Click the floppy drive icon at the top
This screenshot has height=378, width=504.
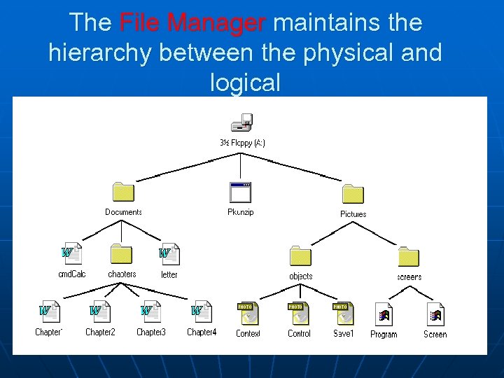[x=241, y=123]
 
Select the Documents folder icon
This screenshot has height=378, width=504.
[x=123, y=192]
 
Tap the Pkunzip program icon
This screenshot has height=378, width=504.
[x=240, y=192]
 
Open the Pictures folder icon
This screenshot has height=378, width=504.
[x=353, y=194]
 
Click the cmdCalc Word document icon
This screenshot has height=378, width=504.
[x=71, y=254]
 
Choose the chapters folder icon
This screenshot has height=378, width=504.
[x=121, y=254]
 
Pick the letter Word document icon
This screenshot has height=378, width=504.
[x=169, y=254]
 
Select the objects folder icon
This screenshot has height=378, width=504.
[x=300, y=256]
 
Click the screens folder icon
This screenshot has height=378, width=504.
[x=408, y=257]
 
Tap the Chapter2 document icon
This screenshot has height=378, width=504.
[x=99, y=312]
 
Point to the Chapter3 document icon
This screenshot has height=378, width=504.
[x=150, y=312]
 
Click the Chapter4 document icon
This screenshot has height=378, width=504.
[x=201, y=312]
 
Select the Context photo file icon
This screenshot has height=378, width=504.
[x=248, y=313]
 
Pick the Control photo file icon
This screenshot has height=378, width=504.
[x=299, y=313]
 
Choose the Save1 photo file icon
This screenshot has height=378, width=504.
[x=342, y=313]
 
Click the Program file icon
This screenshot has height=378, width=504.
[x=383, y=314]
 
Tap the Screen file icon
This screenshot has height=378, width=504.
[x=435, y=314]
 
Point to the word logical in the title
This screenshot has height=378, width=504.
[x=245, y=83]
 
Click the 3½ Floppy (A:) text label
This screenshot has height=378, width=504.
[x=242, y=143]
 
